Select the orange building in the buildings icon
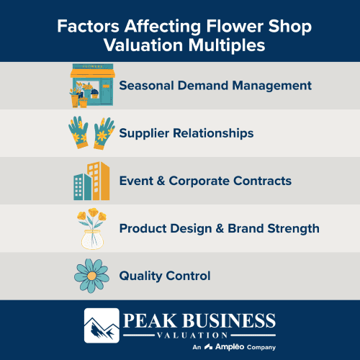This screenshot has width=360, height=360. pyautogui.click(x=99, y=180)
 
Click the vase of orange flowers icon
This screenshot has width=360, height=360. pyautogui.click(x=92, y=228)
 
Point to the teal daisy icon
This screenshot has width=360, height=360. pyautogui.click(x=92, y=276)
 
